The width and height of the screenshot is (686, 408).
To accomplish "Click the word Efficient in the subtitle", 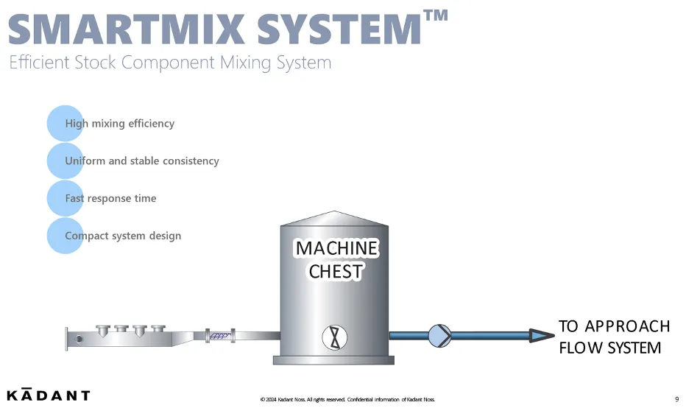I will click(x=39, y=63).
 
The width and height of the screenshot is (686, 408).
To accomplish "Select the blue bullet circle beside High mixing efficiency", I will click(x=65, y=123).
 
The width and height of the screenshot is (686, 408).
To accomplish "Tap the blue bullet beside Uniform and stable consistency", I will click(x=65, y=161).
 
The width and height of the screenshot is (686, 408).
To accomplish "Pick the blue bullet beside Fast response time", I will click(x=65, y=198).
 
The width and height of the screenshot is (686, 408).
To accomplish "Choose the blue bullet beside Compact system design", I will click(x=65, y=236).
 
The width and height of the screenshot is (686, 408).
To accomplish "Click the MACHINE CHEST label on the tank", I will click(x=336, y=259).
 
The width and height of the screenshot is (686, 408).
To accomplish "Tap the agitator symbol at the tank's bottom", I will click(x=335, y=337).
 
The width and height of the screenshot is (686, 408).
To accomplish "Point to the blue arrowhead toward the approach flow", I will click(x=542, y=336).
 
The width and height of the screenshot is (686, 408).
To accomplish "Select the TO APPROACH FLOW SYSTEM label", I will click(x=614, y=337).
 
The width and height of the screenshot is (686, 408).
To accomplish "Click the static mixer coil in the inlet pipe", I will click(x=220, y=336).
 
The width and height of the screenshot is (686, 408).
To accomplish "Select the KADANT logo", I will click(x=49, y=395).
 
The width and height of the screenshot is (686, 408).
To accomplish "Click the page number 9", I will click(x=676, y=399).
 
